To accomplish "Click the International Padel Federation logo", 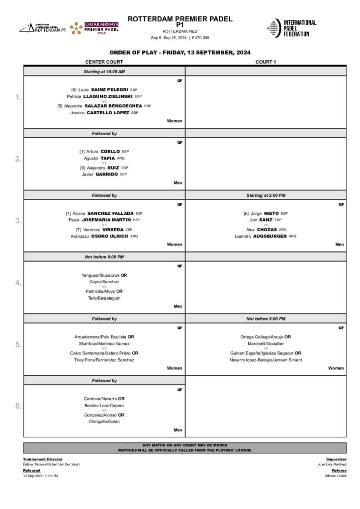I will click(292, 28).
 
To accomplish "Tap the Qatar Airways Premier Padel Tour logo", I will click(94, 28).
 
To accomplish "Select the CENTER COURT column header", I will click(104, 62).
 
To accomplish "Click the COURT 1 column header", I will click(266, 62).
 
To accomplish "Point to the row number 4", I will click(18, 283).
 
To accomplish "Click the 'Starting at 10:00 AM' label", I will click(104, 72).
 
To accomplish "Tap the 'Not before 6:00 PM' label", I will click(104, 256).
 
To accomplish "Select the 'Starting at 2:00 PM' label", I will click(266, 195).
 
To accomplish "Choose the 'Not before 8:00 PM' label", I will click(266, 319).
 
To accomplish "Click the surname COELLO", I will click(110, 151).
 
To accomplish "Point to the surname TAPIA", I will click(108, 158).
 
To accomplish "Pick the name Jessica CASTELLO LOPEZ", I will click(104, 113).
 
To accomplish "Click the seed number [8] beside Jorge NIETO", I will click(246, 213).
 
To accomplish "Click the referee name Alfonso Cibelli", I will click(336, 476).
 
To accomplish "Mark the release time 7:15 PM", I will click(51, 476).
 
